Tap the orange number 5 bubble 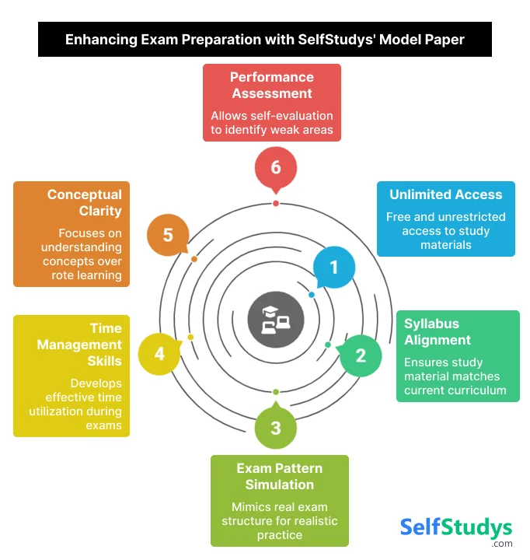click(x=168, y=234)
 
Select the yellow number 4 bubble click(x=159, y=354)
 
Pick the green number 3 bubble click(x=276, y=427)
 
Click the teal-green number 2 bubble click(x=361, y=355)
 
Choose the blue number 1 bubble click(x=334, y=268)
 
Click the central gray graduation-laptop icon click(x=270, y=318)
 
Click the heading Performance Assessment click(x=271, y=86)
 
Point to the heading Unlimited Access click(x=445, y=194)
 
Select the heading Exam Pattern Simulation click(x=280, y=476)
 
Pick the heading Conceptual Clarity click(x=84, y=202)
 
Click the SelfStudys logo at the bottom click(x=456, y=528)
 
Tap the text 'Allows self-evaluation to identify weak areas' click(x=271, y=122)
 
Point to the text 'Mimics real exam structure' click(x=280, y=514)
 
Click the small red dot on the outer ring click(x=276, y=203)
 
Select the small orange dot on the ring click(x=194, y=259)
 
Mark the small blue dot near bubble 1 click(x=312, y=295)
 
